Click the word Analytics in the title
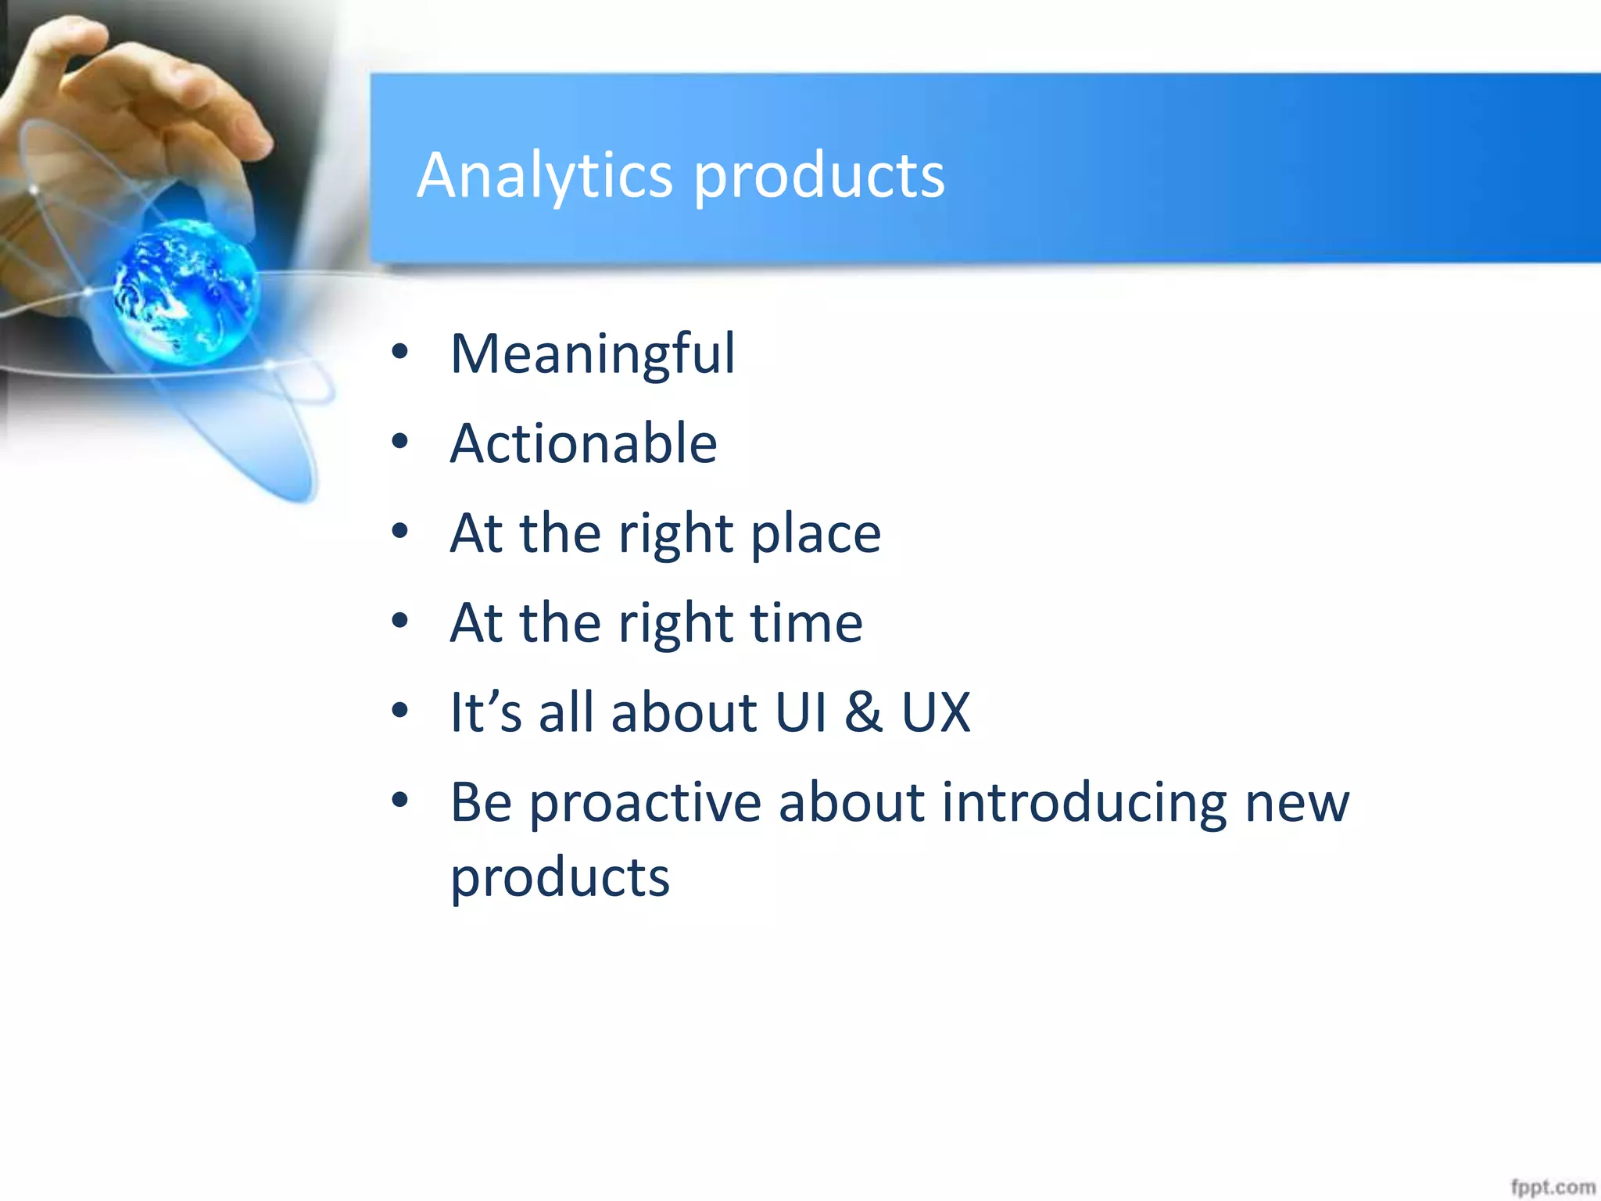[544, 175]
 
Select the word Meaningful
[593, 354]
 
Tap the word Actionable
[583, 443]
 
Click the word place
[815, 534]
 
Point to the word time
[806, 623]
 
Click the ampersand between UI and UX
[864, 712]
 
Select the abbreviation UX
[936, 712]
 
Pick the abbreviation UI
[800, 712]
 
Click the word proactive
[645, 804]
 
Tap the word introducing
[1083, 804]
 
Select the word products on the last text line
[560, 877]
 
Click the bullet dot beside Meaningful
[400, 353]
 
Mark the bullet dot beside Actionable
[400, 442]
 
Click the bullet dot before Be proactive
[400, 801]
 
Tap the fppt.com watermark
[1552, 1187]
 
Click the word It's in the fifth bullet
[485, 712]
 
